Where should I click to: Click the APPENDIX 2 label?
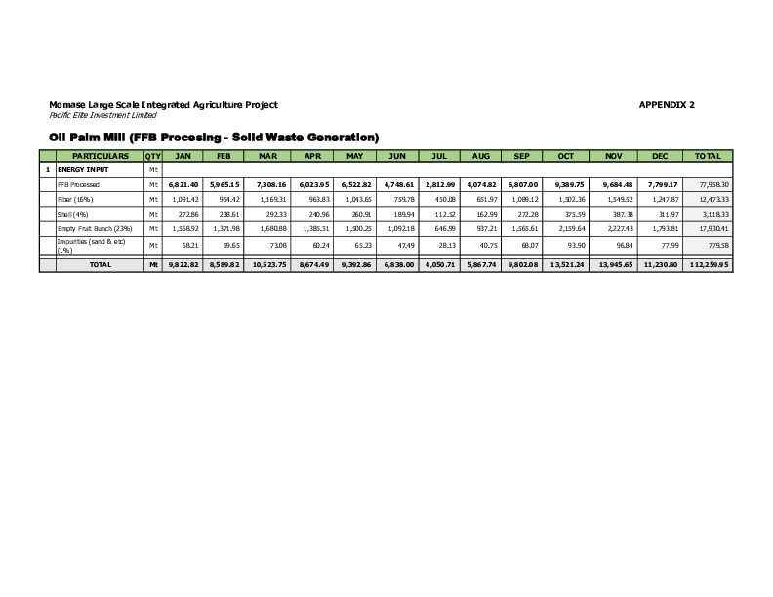[x=667, y=104]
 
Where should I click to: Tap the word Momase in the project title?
[x=66, y=104]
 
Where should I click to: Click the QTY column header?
[x=152, y=156]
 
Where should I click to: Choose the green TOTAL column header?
[x=708, y=156]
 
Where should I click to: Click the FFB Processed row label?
[x=78, y=183]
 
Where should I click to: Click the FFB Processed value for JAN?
[x=183, y=183]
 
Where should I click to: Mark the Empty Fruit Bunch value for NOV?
[x=620, y=228]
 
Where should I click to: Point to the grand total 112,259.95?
[x=709, y=264]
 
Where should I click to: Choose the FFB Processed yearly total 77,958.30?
[x=709, y=183]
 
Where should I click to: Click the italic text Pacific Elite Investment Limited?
[x=95, y=115]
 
